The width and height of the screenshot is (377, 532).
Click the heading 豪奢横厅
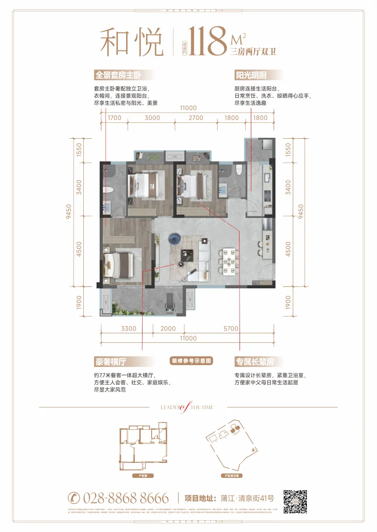[110, 361]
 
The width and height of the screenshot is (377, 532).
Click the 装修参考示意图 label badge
[192, 361]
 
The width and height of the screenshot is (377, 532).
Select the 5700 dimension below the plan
[231, 329]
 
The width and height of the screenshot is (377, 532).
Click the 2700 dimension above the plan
[196, 118]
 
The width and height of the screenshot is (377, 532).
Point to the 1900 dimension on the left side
[78, 302]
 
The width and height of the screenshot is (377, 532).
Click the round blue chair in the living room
[174, 237]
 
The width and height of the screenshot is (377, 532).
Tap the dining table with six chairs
[228, 261]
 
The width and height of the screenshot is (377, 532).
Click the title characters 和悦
[132, 42]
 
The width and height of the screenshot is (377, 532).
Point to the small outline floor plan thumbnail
[143, 450]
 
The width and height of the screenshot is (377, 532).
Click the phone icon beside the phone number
[73, 497]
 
